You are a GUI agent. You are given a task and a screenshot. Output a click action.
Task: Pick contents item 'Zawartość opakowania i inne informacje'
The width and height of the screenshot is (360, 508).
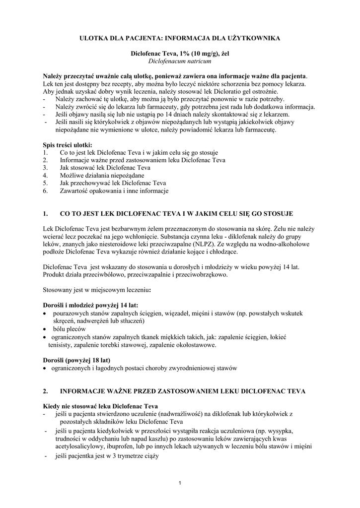[x=114, y=190]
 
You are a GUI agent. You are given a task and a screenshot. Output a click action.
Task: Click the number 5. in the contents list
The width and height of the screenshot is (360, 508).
[x=45, y=183]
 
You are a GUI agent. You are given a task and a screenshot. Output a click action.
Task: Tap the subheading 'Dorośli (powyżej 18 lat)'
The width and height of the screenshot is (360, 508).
[x=76, y=359]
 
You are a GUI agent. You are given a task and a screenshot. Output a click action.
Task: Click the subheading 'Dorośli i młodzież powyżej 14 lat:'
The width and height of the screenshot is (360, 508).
[x=90, y=305]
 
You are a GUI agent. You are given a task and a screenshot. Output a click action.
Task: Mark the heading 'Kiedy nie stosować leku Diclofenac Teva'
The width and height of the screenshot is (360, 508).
[x=100, y=405]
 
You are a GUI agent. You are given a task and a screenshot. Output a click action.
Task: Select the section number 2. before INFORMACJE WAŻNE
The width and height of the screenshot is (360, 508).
[x=45, y=391]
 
